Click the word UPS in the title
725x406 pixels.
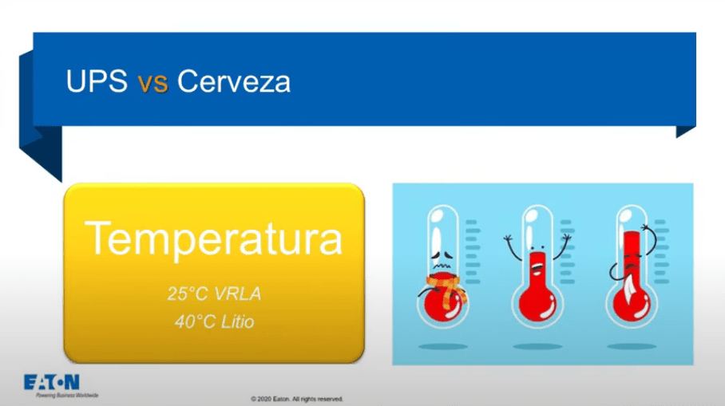(97, 81)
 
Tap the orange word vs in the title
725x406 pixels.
(153, 84)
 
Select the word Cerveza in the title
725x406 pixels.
(234, 81)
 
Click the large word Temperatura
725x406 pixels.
(214, 238)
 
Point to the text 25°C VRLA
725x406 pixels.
(214, 294)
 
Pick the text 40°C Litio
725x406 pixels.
(215, 321)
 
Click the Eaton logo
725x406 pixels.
(52, 382)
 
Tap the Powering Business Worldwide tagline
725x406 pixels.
(67, 396)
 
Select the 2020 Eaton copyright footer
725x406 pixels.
(297, 399)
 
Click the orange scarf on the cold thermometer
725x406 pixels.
(446, 289)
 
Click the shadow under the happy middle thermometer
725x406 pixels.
(537, 346)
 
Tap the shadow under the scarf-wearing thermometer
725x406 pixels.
(443, 346)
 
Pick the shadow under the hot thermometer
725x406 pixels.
(632, 346)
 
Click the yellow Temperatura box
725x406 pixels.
(214, 273)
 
